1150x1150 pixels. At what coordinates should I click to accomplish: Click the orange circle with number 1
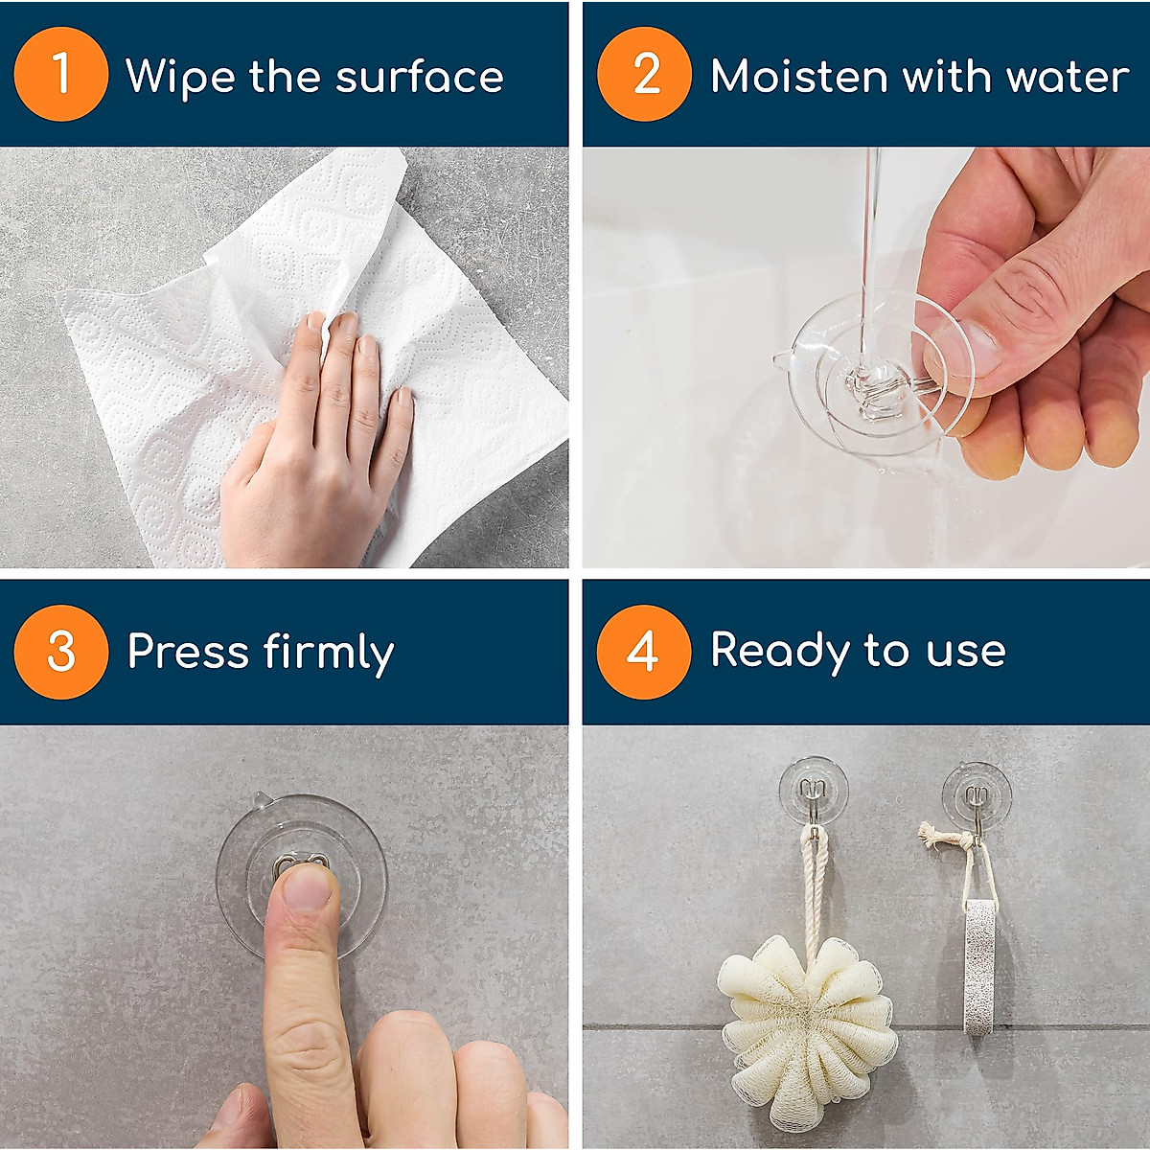(x=60, y=74)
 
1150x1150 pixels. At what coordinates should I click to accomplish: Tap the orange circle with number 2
(x=644, y=74)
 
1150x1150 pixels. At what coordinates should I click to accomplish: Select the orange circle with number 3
(x=60, y=652)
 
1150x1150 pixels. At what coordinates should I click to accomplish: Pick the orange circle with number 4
(x=643, y=652)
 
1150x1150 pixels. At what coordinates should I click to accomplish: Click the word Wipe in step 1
(x=180, y=77)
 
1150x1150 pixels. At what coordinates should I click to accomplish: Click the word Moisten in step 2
(x=799, y=77)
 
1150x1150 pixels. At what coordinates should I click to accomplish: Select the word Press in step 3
(x=188, y=652)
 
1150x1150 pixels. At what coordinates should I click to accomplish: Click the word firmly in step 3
(x=328, y=654)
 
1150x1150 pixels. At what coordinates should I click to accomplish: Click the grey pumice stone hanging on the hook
(x=978, y=968)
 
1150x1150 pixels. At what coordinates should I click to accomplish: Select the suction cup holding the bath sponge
(x=813, y=791)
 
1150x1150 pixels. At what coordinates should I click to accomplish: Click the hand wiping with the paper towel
(x=316, y=450)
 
